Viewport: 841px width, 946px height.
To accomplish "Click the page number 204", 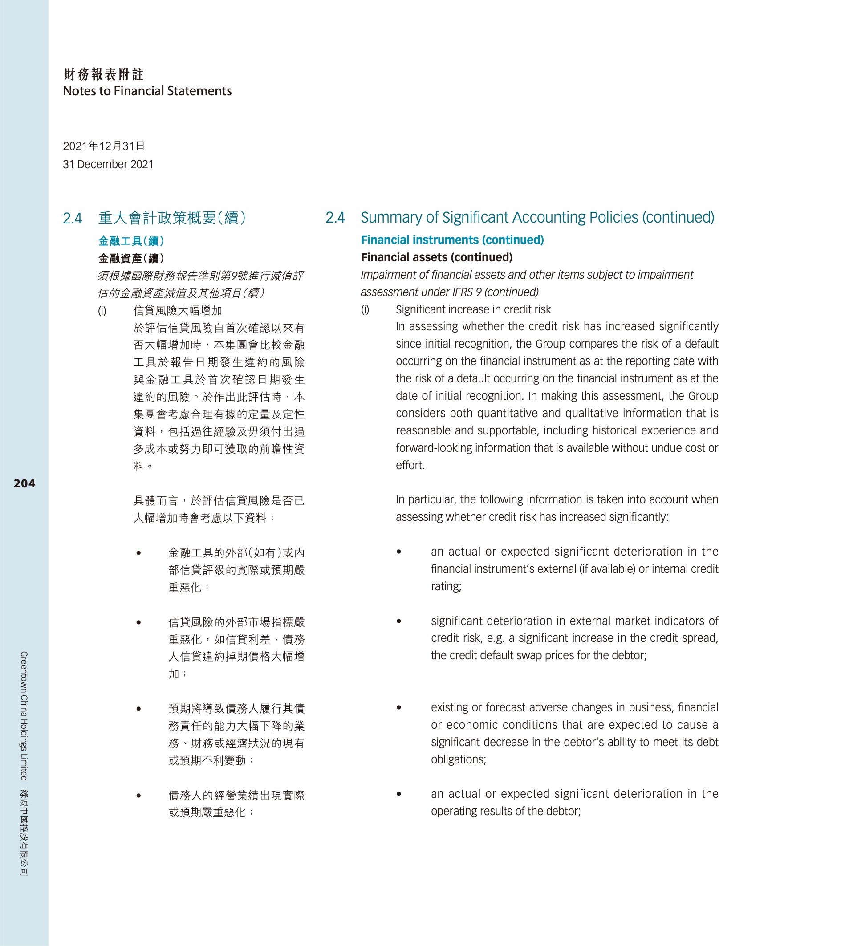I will pos(24,483).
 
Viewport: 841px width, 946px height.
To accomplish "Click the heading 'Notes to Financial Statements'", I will pos(147,91).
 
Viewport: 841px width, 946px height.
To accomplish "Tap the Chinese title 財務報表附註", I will pos(104,74).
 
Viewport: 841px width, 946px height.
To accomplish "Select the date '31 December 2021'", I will pos(108,164).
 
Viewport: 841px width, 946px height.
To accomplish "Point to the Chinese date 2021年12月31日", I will pos(104,146).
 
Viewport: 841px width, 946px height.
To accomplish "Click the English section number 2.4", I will pos(335,218).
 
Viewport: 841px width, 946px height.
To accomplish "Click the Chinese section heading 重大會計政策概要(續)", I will pos(172,218).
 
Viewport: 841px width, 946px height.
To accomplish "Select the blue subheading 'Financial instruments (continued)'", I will pos(452,240).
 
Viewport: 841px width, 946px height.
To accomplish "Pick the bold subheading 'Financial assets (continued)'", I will pos(436,257).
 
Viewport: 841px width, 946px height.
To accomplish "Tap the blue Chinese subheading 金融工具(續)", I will pos(131,241).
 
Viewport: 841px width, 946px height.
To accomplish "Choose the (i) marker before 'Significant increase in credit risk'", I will pos(365,310).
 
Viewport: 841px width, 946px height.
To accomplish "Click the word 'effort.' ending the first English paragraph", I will pos(410,465).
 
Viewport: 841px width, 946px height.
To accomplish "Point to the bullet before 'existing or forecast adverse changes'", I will pos(398,708).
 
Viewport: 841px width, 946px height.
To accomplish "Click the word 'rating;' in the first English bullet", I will pos(446,586).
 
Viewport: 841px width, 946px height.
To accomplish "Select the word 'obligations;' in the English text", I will pos(458,759).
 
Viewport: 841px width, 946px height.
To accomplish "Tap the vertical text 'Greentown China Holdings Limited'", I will pos(24,715).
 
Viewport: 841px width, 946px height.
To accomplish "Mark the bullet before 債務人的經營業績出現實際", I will pos(138,796).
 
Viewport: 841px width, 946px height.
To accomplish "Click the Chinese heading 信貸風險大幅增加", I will pos(178,311).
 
